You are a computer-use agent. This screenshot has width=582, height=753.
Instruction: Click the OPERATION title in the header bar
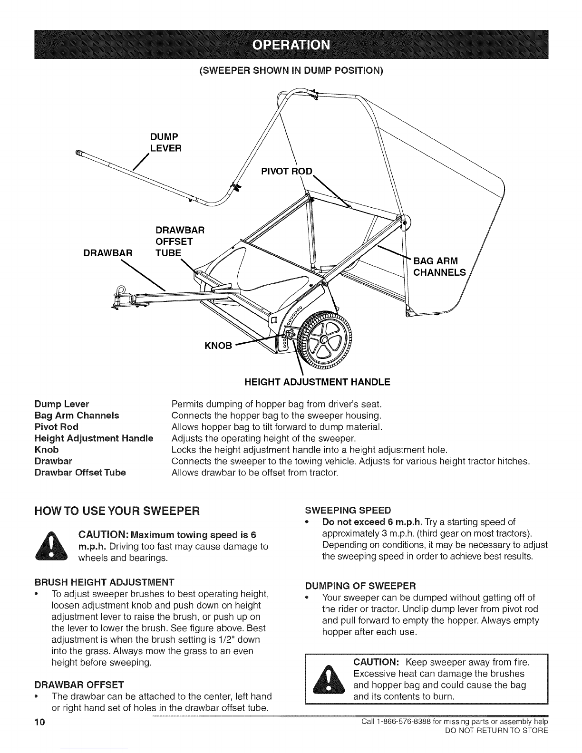click(291, 45)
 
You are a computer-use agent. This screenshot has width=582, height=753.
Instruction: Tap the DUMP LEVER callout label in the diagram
click(165, 143)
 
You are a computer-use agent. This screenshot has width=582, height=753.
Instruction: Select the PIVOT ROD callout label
click(287, 172)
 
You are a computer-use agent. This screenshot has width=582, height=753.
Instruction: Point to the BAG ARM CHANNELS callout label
click(439, 267)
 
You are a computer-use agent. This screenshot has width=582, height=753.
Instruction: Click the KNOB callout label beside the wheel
click(218, 346)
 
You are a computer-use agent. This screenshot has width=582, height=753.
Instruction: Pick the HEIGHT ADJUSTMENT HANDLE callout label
click(317, 382)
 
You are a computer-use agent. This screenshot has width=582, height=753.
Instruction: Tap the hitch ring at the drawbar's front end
click(121, 290)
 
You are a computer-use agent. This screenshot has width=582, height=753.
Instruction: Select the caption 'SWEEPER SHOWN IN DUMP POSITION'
click(291, 70)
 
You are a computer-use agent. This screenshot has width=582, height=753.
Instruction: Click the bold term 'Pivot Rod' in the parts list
click(57, 426)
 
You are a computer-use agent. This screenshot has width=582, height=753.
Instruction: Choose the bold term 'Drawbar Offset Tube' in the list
click(80, 473)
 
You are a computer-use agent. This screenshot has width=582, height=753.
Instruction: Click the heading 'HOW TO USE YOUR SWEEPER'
click(117, 511)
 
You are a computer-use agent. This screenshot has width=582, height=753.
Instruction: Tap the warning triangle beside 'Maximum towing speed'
click(52, 545)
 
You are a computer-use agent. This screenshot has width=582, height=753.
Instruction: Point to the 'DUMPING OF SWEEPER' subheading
click(360, 586)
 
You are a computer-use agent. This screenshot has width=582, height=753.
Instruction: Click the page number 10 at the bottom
click(40, 722)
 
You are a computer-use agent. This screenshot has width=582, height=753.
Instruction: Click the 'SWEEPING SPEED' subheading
click(348, 511)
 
